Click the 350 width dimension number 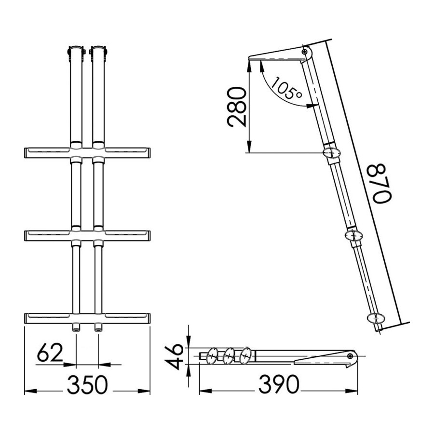87,384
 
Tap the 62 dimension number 50,352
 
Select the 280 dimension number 236,107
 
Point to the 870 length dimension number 382,183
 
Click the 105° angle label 286,88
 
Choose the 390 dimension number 279,384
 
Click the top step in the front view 87,153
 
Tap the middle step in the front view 87,235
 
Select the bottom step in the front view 87,318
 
